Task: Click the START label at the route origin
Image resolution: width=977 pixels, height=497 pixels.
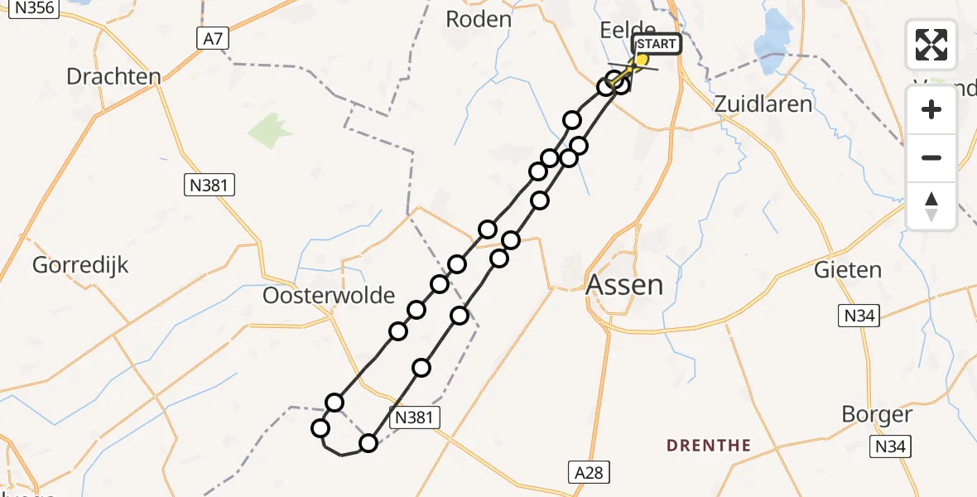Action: (657, 44)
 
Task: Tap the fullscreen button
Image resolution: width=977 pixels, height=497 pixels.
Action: (931, 45)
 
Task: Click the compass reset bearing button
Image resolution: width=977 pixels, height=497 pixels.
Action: (931, 206)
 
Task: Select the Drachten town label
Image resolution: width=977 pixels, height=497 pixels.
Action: (113, 77)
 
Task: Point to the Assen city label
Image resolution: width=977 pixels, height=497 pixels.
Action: (624, 285)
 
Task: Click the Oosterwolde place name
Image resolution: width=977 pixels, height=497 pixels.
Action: (329, 295)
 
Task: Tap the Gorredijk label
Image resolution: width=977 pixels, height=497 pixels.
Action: (81, 266)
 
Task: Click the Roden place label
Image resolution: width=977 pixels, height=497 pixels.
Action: (478, 19)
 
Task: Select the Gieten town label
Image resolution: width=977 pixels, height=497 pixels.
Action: (848, 270)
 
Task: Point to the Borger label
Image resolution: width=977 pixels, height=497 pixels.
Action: (877, 414)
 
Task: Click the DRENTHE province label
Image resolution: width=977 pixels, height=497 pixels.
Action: (709, 446)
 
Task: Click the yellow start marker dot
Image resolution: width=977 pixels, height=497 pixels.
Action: (641, 60)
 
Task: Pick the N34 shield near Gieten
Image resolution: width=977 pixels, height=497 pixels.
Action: (859, 316)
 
